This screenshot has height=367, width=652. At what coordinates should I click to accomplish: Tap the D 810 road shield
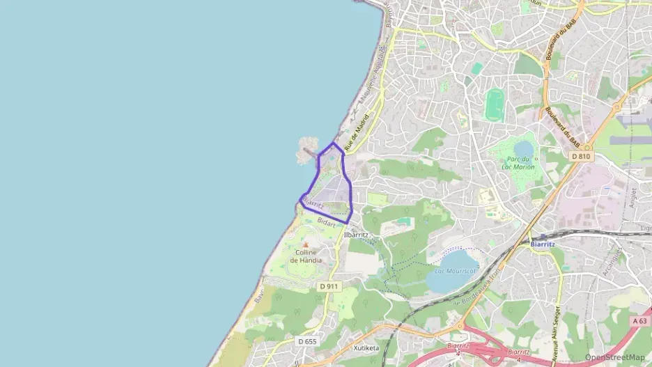[581, 157]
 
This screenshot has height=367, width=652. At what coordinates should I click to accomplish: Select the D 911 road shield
[328, 286]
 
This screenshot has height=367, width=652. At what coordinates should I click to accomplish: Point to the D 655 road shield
[307, 341]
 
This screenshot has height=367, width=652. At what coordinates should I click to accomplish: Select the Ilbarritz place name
[356, 235]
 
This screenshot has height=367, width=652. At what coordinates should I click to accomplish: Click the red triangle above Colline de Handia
[306, 244]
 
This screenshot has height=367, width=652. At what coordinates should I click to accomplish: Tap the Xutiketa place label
[366, 348]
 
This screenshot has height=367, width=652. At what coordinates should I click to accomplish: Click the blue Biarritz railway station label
[542, 244]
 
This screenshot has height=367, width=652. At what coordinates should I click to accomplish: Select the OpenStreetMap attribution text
[615, 357]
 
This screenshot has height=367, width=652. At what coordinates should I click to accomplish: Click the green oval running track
[495, 104]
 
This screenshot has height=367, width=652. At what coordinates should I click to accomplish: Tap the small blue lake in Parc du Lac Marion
[523, 149]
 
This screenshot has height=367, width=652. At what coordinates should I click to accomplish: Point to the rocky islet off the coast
[306, 150]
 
